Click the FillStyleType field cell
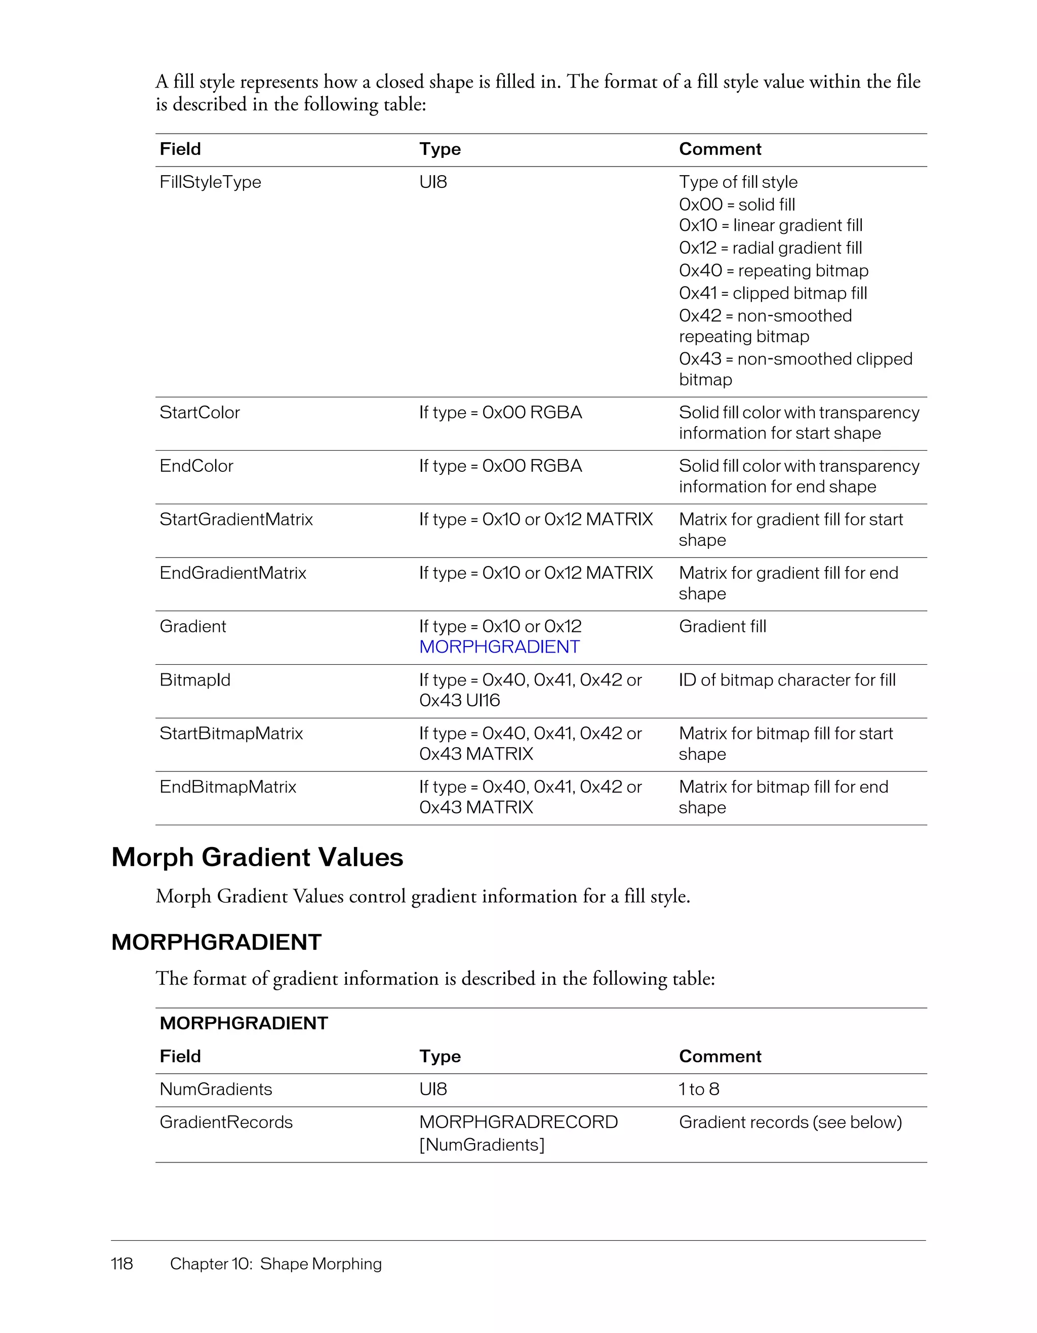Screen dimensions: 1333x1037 tap(210, 182)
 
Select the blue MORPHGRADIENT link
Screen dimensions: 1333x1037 tap(499, 647)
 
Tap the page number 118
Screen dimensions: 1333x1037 tap(122, 1264)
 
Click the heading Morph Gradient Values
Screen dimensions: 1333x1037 tap(257, 857)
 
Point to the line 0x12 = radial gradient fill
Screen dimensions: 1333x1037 tap(770, 248)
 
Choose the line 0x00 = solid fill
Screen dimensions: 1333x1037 tap(737, 205)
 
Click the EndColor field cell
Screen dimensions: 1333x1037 tap(196, 466)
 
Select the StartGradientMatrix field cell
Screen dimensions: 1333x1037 tap(235, 519)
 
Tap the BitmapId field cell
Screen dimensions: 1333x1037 tap(195, 680)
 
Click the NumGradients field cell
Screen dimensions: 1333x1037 tap(216, 1089)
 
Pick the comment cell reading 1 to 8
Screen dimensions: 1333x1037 tap(699, 1089)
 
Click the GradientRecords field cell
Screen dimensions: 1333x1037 tap(226, 1122)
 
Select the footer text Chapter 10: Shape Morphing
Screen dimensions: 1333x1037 tap(275, 1264)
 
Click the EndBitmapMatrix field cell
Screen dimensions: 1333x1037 tap(228, 787)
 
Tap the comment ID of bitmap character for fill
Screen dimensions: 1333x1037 tap(787, 680)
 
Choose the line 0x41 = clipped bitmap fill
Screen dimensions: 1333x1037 tap(773, 293)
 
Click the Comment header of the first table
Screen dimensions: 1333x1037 tap(720, 149)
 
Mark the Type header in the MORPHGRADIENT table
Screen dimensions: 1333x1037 tap(440, 1056)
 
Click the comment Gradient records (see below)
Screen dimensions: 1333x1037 tap(790, 1122)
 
